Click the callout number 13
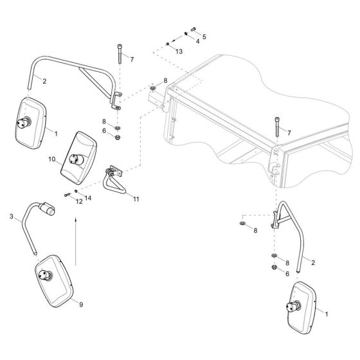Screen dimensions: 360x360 tap(179, 51)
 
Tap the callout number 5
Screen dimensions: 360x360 tap(204, 37)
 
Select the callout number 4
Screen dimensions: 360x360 tap(197, 41)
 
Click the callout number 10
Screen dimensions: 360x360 tap(52, 159)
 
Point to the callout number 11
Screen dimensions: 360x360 tap(136, 199)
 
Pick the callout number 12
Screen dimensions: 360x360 tap(79, 202)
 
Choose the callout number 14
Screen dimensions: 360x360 tap(88, 198)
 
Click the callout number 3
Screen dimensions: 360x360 tap(12, 216)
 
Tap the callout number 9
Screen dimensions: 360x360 tap(81, 305)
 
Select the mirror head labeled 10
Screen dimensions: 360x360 tap(78, 158)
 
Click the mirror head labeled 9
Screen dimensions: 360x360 tap(54, 281)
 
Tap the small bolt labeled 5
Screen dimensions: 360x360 tap(193, 29)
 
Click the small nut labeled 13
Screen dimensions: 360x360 tap(168, 44)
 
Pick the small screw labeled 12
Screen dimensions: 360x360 tap(67, 195)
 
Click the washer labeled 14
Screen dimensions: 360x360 tap(76, 191)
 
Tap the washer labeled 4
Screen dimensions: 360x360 tap(186, 34)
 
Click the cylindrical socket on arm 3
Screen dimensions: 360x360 tap(47, 208)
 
